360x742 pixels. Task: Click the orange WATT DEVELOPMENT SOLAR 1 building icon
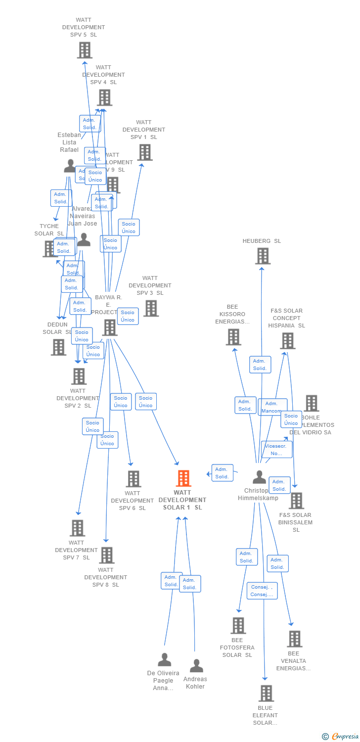click(x=183, y=478)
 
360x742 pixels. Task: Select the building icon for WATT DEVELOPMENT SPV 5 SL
click(x=85, y=50)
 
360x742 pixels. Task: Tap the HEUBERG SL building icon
click(x=263, y=256)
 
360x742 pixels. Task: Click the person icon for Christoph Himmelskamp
click(x=259, y=477)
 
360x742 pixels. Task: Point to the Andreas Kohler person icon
click(x=196, y=666)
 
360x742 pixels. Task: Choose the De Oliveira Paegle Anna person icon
click(x=164, y=660)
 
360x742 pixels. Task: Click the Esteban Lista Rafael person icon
click(x=70, y=166)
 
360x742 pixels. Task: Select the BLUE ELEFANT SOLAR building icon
click(x=266, y=694)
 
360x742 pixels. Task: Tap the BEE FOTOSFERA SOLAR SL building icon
click(x=238, y=626)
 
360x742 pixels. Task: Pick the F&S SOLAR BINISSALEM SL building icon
click(x=296, y=501)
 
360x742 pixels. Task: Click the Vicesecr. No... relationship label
click(x=276, y=449)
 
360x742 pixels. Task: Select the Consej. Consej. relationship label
click(x=262, y=591)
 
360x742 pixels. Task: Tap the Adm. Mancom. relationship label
click(x=272, y=407)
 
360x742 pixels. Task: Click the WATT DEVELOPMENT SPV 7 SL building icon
click(x=77, y=528)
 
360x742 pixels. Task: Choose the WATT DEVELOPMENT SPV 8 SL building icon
click(x=106, y=556)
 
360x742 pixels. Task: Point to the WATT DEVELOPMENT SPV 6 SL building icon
click(x=133, y=479)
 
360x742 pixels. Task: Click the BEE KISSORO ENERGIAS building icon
click(x=233, y=337)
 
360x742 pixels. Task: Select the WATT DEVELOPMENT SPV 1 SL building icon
click(x=145, y=152)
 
